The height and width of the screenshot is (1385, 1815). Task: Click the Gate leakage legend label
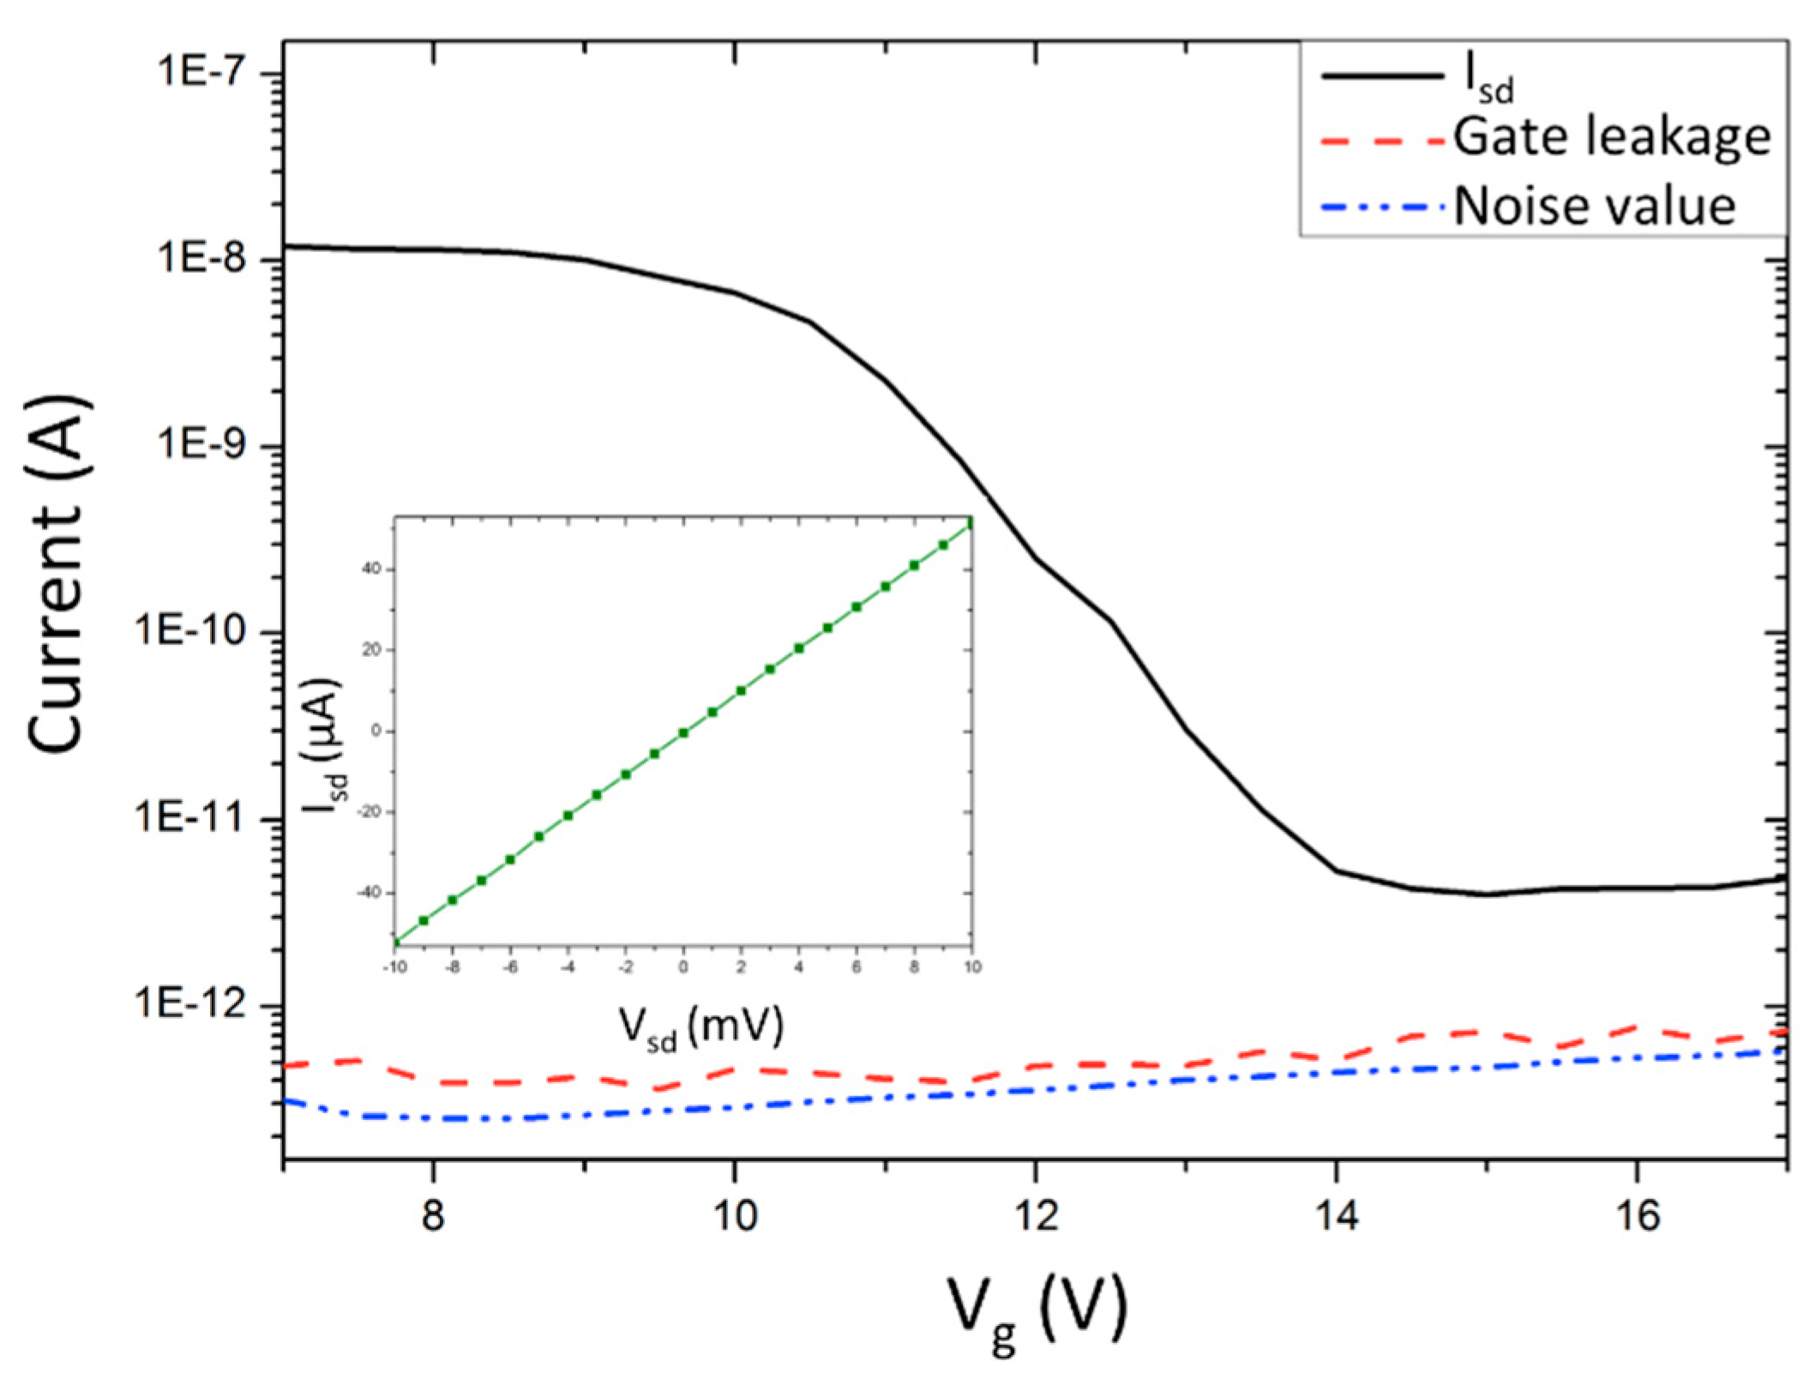1611,137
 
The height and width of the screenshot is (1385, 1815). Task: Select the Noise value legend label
1595,206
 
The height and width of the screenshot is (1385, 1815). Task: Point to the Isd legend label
1487,81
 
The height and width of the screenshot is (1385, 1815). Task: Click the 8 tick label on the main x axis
434,1216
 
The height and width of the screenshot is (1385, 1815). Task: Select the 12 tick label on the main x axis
1036,1216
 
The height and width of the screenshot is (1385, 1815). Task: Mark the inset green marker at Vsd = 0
683,732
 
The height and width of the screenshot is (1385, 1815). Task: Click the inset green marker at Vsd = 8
914,565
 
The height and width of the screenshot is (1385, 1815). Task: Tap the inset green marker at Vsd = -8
453,900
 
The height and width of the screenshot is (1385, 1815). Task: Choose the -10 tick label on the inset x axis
394,967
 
